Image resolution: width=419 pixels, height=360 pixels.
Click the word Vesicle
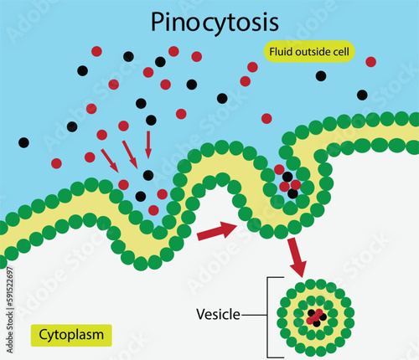pyautogui.click(x=218, y=315)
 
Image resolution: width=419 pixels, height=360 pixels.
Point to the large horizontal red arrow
pyautogui.click(x=217, y=231)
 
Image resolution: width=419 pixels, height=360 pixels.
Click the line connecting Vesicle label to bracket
pyautogui.click(x=254, y=315)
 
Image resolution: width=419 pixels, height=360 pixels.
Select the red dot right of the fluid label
pyautogui.click(x=370, y=61)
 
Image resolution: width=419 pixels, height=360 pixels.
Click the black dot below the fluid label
pyautogui.click(x=321, y=76)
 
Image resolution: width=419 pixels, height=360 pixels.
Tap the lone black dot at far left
pyautogui.click(x=23, y=141)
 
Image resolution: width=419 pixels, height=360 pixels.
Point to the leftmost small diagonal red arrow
pyautogui.click(x=110, y=158)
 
